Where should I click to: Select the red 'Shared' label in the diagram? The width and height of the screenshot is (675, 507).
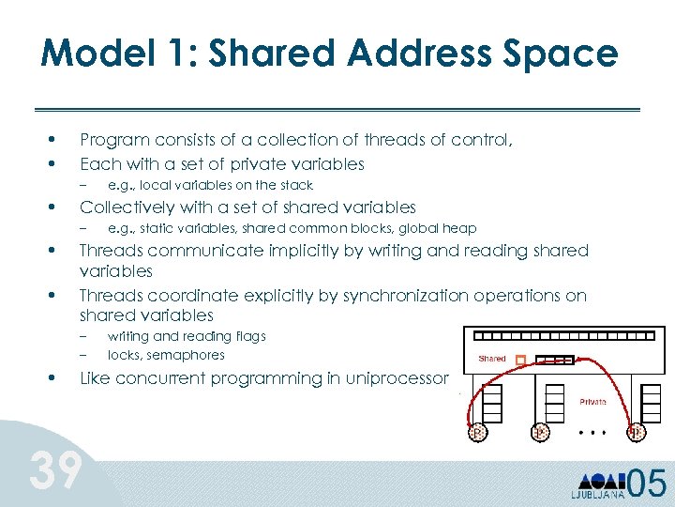(x=491, y=358)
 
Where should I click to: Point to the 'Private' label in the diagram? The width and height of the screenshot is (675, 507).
(x=592, y=401)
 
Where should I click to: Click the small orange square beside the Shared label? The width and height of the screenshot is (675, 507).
(x=520, y=359)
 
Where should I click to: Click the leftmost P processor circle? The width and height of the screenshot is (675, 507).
(x=478, y=433)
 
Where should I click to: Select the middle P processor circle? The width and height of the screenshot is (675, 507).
(x=541, y=433)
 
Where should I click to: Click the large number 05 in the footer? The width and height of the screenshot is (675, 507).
(x=647, y=484)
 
